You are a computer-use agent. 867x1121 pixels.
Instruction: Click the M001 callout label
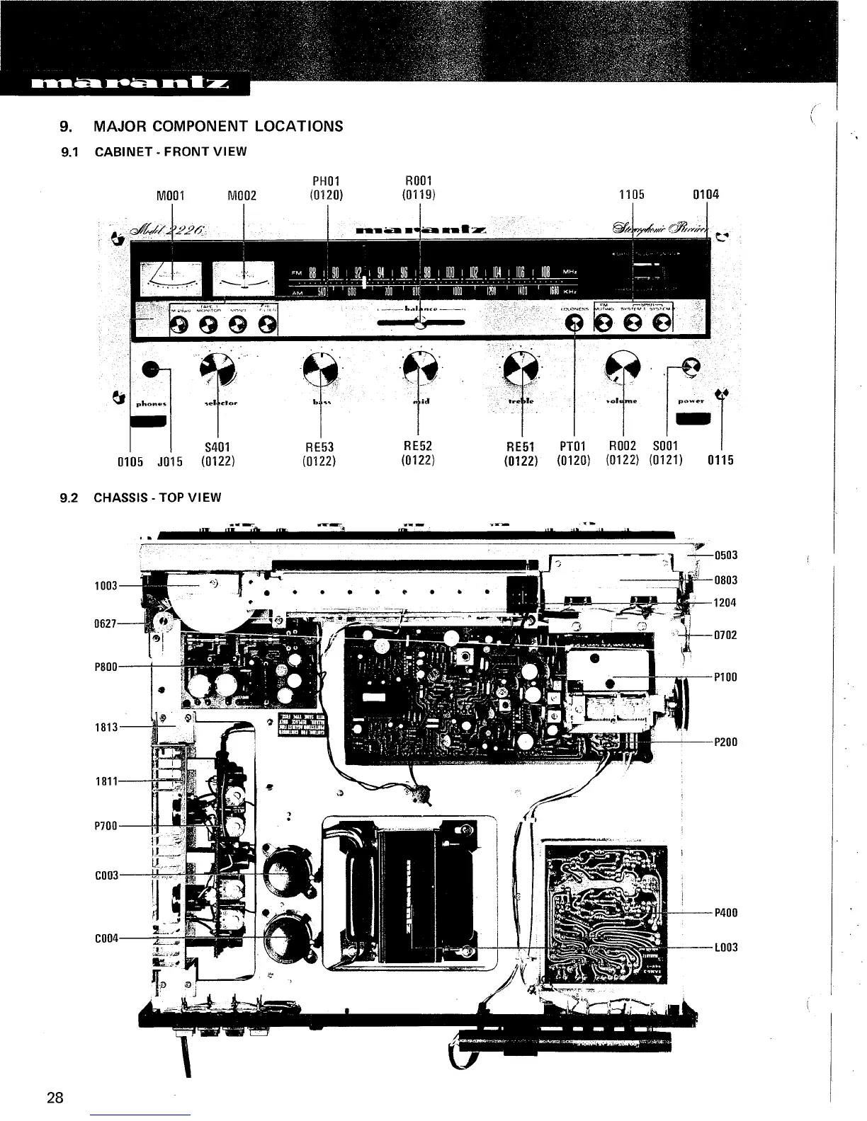click(x=170, y=196)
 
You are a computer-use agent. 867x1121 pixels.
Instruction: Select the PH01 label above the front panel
click(x=327, y=182)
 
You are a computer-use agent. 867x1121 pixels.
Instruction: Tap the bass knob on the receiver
click(x=321, y=367)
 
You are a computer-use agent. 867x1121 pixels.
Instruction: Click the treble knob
click(x=522, y=367)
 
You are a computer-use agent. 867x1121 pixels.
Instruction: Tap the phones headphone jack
click(x=151, y=369)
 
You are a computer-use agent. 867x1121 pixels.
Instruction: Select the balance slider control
click(x=420, y=324)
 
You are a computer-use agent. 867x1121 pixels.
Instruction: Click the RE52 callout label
click(x=417, y=446)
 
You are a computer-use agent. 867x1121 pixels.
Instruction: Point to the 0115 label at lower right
click(x=720, y=461)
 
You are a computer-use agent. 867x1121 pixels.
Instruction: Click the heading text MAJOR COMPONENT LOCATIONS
click(x=218, y=127)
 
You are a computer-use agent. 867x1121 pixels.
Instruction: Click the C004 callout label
click(x=105, y=938)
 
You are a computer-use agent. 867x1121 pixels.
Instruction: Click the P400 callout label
click(x=726, y=913)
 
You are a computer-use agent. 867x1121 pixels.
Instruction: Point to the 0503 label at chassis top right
click(x=726, y=556)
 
